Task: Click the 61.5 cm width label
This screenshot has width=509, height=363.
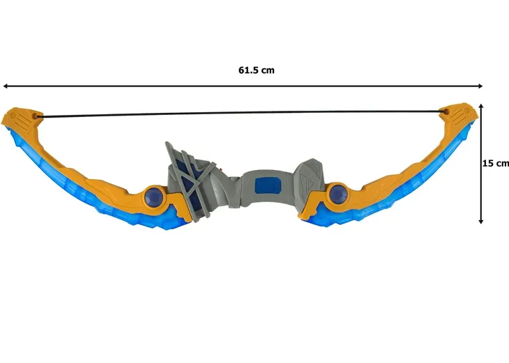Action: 257,70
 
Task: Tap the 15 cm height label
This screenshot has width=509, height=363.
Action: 495,164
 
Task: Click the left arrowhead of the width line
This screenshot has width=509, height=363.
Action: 5,86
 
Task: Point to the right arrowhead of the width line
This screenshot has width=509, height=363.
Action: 480,86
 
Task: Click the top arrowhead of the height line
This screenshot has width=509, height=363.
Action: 481,106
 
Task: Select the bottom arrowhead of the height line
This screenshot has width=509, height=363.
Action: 481,222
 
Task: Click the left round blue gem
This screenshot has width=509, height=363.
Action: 154,196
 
